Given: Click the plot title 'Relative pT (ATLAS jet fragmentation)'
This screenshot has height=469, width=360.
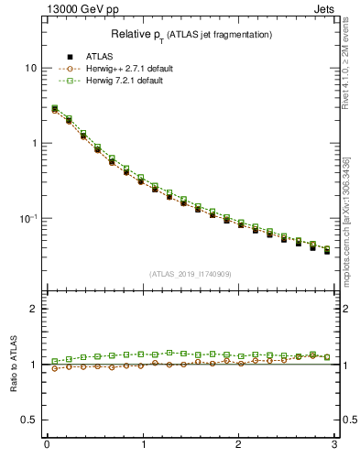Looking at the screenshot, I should coord(192,34).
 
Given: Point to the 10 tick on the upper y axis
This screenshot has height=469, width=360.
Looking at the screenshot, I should coord(30,69).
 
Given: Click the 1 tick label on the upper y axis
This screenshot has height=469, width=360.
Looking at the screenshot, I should coord(33,144).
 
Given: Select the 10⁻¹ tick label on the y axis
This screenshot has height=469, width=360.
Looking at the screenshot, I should coord(27,218).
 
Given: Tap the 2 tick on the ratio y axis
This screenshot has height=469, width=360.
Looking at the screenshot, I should coord(33,309).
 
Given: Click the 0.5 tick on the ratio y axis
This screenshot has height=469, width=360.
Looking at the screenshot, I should coord(28,420).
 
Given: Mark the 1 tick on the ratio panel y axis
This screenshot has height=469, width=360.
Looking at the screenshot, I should coord(33,365).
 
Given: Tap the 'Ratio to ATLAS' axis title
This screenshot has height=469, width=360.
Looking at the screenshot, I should coord(13,364).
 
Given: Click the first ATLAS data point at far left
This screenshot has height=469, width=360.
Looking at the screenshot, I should coord(55,110).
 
